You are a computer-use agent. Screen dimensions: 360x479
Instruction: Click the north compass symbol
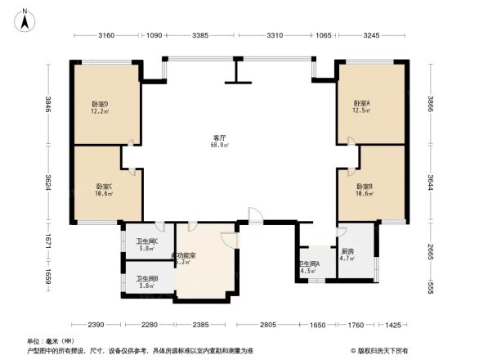tap(25, 18)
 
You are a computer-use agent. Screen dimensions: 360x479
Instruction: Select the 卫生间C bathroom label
tap(146, 244)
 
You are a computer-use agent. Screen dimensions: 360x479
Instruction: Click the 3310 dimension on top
tap(274, 35)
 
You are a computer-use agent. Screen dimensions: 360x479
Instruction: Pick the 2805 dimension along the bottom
tap(267, 326)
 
